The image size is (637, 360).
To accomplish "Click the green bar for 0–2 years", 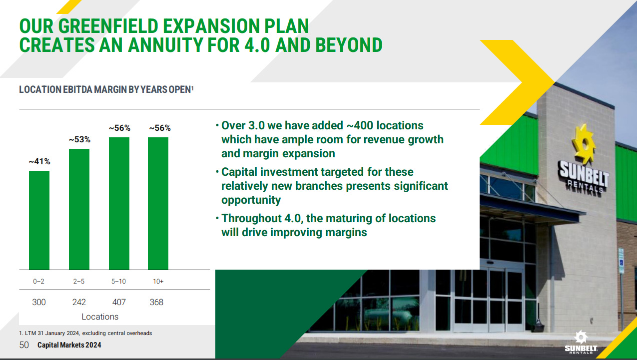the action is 39,220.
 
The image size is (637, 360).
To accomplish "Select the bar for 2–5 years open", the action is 79,209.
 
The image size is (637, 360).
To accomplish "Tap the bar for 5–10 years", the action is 119,203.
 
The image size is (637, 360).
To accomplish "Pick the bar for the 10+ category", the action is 158,203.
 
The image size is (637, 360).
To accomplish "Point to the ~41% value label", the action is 39,162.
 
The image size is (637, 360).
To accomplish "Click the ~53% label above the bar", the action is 79,139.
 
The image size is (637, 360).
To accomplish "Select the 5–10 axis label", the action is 118,281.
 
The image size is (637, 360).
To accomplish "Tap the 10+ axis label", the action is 158,281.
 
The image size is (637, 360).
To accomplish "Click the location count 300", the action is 39,302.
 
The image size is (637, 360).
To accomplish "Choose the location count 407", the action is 119,302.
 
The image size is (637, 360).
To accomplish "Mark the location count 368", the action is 156,302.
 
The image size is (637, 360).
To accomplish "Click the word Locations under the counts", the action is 100,317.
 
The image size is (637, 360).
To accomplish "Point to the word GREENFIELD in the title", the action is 108,26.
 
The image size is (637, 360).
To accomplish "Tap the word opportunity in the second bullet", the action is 251,200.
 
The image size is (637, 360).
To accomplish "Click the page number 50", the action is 24,345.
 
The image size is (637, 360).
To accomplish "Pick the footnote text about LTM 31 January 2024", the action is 85,333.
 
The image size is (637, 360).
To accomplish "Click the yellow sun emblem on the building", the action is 584,144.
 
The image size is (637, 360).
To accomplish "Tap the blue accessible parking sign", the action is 622,261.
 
